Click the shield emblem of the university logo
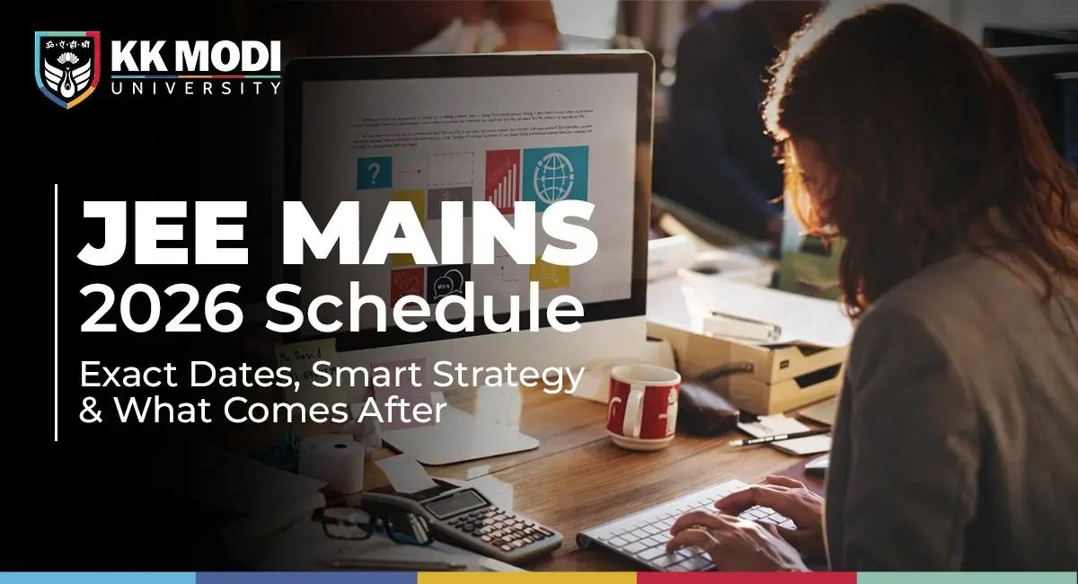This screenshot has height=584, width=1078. pos(66,69)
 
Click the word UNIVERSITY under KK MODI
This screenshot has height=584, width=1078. pos(195,88)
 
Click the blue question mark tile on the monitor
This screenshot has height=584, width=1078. pos(375,172)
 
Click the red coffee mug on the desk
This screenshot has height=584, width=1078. pos(641,404)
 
